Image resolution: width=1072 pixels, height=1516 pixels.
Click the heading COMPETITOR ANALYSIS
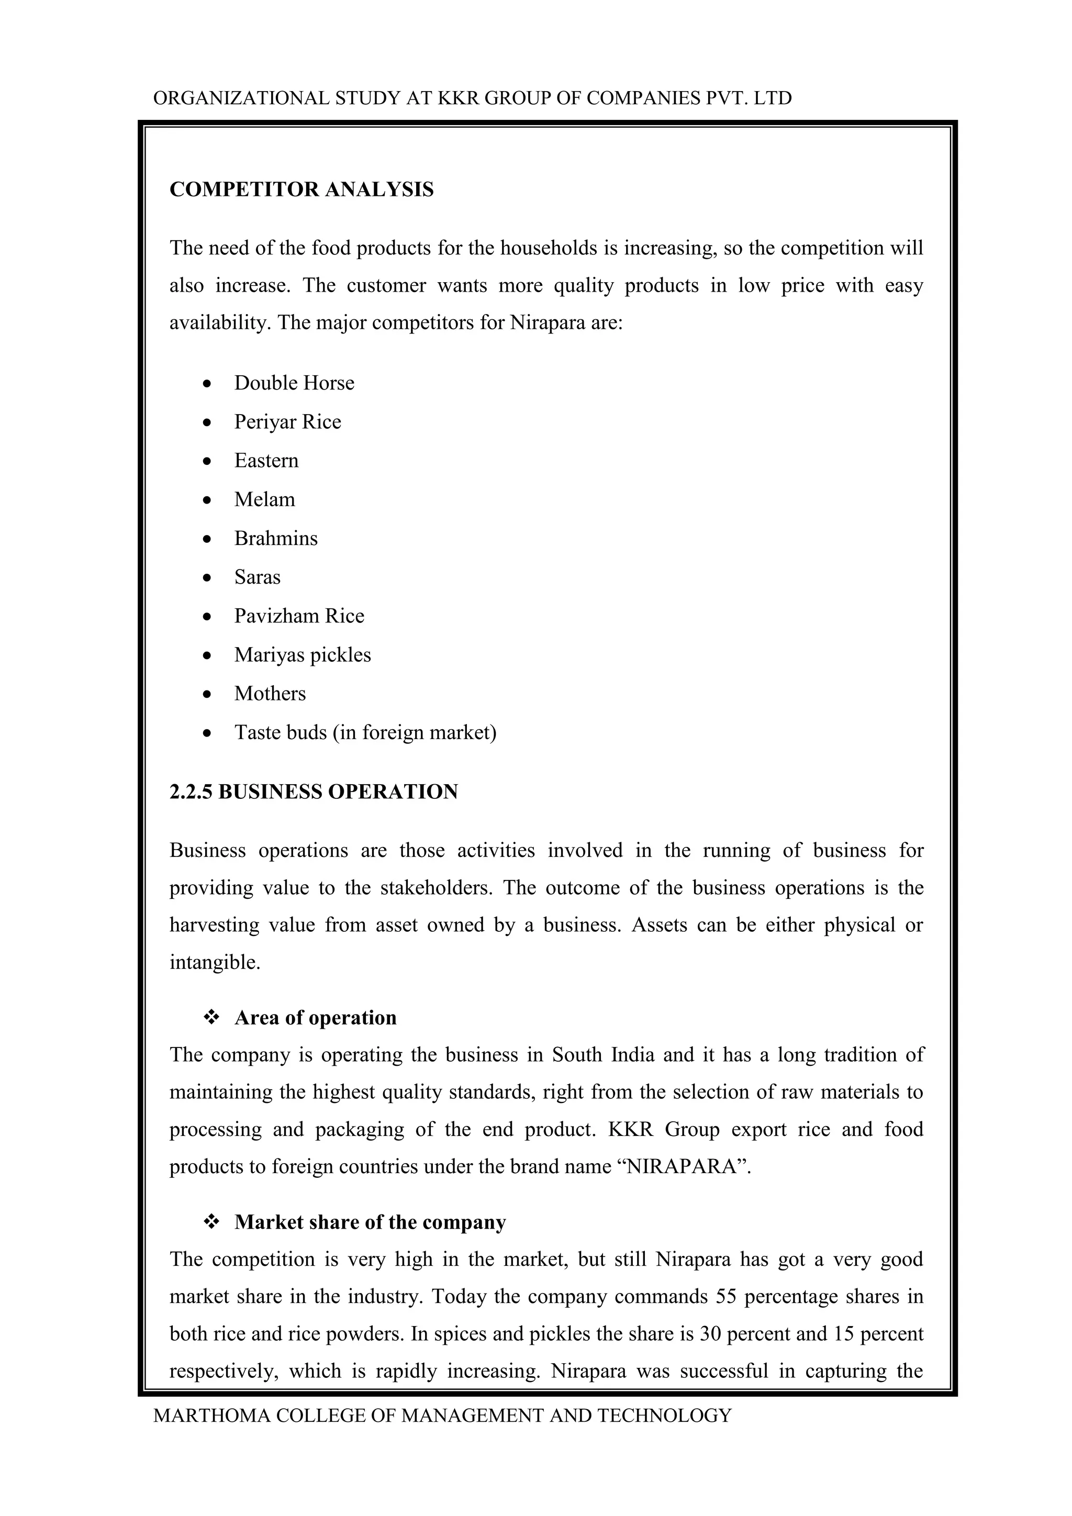point(301,189)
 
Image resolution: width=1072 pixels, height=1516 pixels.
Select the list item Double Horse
point(294,383)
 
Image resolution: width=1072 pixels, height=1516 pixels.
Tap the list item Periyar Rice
point(287,422)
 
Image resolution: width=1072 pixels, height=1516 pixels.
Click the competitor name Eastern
point(266,460)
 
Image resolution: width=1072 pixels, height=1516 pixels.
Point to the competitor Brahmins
point(275,538)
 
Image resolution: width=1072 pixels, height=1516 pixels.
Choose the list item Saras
point(257,577)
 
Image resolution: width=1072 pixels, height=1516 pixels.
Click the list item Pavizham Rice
point(299,616)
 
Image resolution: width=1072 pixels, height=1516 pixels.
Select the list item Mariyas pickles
point(303,655)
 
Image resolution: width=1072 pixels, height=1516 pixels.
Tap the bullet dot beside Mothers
point(207,695)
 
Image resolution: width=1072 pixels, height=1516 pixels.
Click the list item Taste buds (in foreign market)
point(365,732)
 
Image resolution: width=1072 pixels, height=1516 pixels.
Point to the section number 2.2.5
point(191,792)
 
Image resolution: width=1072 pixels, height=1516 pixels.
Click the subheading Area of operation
point(316,1018)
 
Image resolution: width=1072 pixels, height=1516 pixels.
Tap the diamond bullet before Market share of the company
point(211,1222)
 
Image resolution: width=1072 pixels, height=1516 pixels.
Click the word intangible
point(215,962)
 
